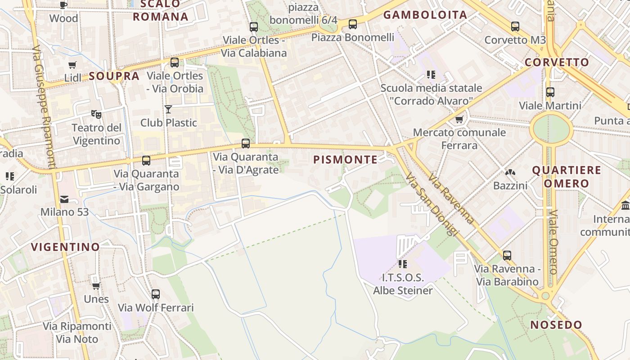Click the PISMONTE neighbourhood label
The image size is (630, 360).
coord(345,160)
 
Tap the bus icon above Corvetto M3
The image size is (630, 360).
coord(515,27)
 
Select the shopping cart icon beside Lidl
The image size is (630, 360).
coord(72,65)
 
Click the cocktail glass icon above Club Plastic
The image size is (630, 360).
coord(168,109)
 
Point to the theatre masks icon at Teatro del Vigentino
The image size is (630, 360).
coord(96,114)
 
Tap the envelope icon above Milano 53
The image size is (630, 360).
coord(64,199)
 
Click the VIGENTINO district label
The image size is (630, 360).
coord(65,247)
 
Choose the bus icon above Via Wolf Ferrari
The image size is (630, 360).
coord(156,294)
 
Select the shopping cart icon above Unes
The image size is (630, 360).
coord(96,286)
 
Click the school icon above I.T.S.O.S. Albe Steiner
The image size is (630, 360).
coord(402,264)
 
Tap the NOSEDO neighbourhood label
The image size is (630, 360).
coord(556,325)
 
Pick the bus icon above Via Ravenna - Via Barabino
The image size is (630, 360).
coord(507,255)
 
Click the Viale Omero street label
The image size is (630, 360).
coord(553,242)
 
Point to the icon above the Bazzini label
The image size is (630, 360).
coord(510,172)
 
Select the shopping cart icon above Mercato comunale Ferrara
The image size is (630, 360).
coord(459,119)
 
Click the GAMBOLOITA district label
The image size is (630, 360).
coord(425,15)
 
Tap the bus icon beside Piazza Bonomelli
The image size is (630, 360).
coord(353,24)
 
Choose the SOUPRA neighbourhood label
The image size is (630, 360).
coord(114,76)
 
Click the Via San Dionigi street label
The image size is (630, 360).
coord(432,205)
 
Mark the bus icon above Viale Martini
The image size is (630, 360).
coord(550,92)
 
